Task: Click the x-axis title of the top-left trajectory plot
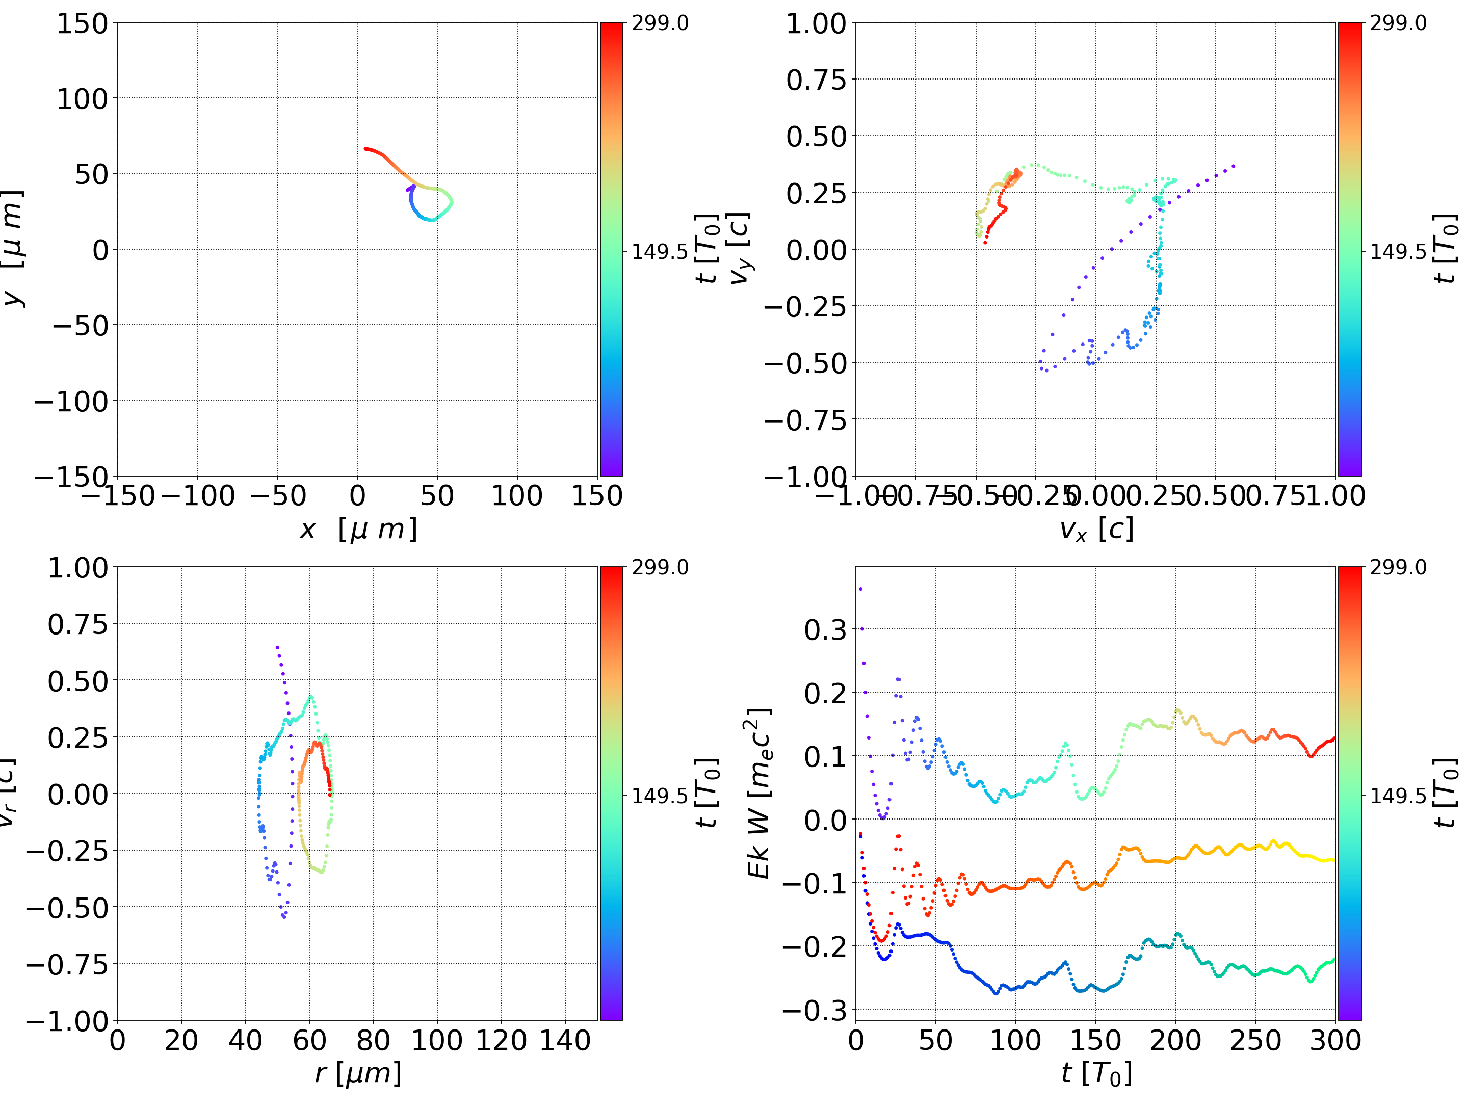358,530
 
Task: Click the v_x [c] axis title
1096,530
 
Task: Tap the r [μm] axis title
358,1073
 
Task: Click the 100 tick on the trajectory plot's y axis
82,99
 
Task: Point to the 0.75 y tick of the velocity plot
816,80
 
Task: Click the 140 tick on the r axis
565,1040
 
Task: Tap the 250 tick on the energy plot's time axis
1255,1040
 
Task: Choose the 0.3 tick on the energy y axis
826,629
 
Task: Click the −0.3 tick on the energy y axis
816,1010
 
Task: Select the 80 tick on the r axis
373,1040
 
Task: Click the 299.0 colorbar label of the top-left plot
660,23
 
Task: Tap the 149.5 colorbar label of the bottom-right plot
1398,795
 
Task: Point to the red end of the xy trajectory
365,149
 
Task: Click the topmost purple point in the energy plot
861,589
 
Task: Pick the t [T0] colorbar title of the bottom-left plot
707,793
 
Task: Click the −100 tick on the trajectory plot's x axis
198,496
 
